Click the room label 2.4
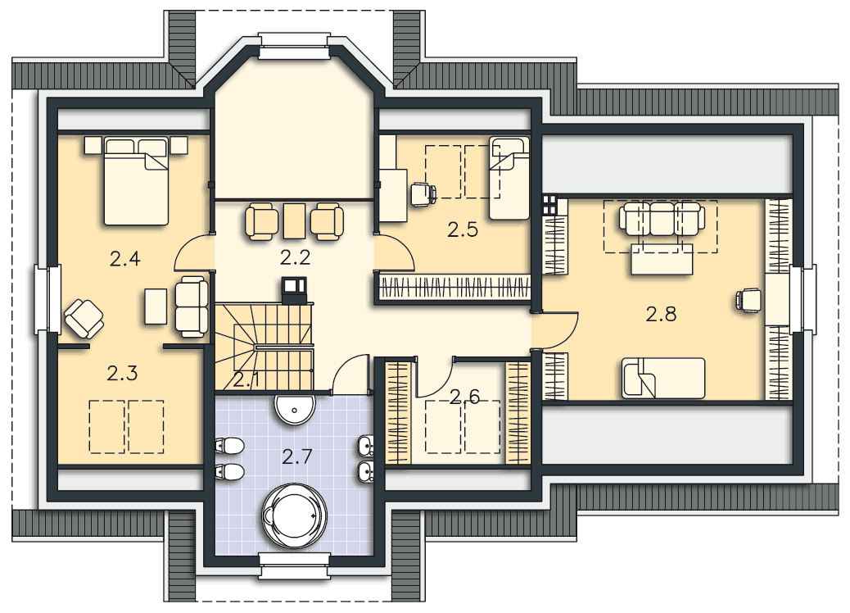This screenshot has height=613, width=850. coord(124,259)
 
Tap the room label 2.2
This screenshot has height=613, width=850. coord(296,257)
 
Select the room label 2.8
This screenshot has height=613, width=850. coord(661,314)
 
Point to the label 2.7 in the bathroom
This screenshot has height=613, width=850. coord(297,456)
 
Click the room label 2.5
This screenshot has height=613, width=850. coord(463,230)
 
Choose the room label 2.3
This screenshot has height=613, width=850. coord(122,373)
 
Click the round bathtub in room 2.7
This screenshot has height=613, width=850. coord(295,515)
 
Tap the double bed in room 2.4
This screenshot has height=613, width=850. coord(136,181)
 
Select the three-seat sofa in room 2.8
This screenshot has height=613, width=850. coord(662,219)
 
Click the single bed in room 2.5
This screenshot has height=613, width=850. coord(509,178)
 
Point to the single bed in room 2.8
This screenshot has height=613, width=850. coord(663,378)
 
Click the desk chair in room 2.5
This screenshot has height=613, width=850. coord(423,195)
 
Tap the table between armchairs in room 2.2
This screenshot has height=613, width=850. coord(294,220)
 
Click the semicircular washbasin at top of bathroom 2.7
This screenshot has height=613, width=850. coord(295,408)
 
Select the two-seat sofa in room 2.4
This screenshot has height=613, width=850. coord(192,307)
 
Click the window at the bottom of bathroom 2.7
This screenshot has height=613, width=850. coord(294,565)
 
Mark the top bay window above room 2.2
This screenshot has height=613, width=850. coord(294,46)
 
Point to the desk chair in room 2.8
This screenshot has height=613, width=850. coord(748,300)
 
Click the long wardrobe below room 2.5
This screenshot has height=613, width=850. coord(454,287)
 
